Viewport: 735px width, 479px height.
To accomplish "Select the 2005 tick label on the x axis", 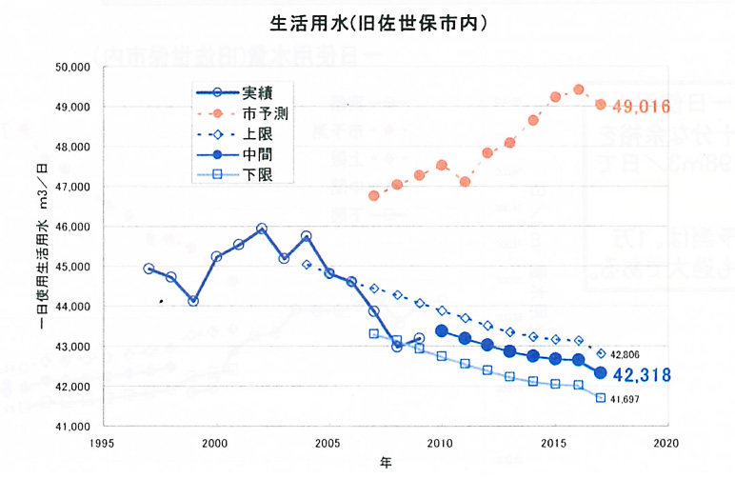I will click(328, 444).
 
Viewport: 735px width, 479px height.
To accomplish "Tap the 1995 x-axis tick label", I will click(103, 444).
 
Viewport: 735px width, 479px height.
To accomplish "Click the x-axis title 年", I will click(385, 464).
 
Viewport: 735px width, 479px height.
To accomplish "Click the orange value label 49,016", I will click(643, 105).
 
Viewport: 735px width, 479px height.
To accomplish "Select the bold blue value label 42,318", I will click(652, 374).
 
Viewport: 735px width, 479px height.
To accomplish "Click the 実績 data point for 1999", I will click(193, 301).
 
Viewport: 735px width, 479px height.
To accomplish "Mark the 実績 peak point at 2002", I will click(262, 229).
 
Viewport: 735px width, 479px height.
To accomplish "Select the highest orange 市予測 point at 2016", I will click(578, 90).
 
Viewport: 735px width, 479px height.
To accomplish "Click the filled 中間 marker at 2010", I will click(442, 330).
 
